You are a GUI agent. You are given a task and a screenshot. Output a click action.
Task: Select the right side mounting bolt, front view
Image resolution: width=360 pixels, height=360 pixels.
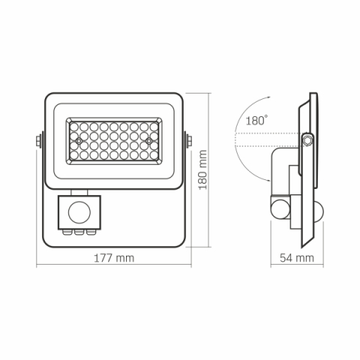coord(190,140)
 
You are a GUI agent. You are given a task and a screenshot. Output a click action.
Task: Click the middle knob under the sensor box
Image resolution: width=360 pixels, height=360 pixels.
coord(80,232)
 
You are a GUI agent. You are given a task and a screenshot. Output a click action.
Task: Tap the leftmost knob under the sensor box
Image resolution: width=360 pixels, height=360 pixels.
coord(70,232)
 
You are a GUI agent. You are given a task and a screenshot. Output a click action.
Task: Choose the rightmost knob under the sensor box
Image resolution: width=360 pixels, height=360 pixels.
coord(91,232)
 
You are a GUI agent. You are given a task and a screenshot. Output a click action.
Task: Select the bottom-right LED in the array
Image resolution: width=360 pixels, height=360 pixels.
coord(154,156)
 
